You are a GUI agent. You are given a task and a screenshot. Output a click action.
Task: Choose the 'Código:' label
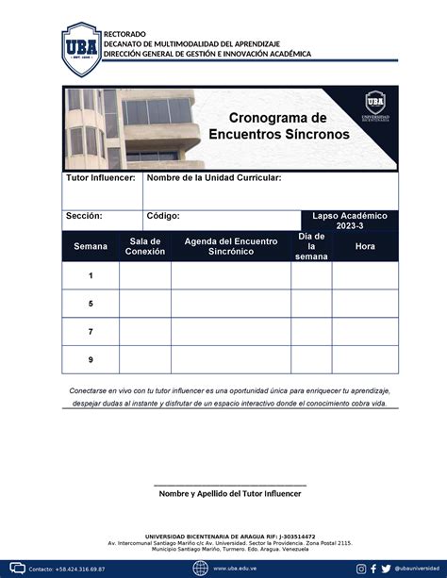pos(163,216)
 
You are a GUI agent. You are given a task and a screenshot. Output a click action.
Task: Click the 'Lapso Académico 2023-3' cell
pos(349,221)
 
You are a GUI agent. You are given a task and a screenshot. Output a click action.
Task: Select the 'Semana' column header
pos(91,246)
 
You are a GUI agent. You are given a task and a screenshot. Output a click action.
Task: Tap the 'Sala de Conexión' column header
pos(144,246)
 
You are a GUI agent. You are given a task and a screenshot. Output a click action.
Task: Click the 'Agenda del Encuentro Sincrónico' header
pos(231,246)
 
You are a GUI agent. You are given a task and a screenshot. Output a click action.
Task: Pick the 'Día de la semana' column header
pos(310,246)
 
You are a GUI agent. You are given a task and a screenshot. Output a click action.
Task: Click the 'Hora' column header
pos(364,246)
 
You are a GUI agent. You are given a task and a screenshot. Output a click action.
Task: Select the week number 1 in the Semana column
pos(91,275)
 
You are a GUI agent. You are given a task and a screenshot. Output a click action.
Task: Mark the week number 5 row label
pos(91,304)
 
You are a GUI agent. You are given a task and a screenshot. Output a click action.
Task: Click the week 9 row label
pos(91,359)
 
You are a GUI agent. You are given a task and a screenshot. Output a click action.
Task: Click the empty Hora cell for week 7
pos(364,332)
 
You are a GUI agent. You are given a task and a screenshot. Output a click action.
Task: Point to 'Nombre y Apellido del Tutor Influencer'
pos(229,493)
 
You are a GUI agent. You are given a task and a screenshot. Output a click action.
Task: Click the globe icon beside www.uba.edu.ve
pos(200,568)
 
